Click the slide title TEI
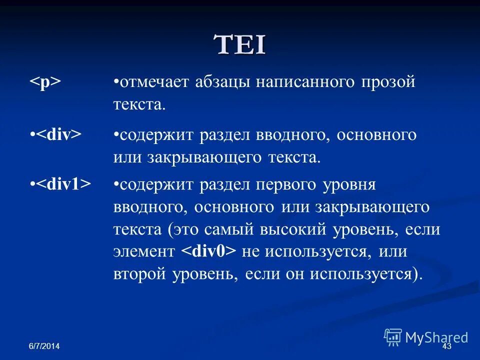(x=240, y=45)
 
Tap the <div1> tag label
(x=63, y=184)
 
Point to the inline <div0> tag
(x=208, y=251)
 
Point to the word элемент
(x=144, y=252)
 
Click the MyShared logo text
(x=436, y=337)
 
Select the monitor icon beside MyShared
(x=393, y=337)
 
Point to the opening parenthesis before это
(x=170, y=230)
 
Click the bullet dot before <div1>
(x=31, y=184)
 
